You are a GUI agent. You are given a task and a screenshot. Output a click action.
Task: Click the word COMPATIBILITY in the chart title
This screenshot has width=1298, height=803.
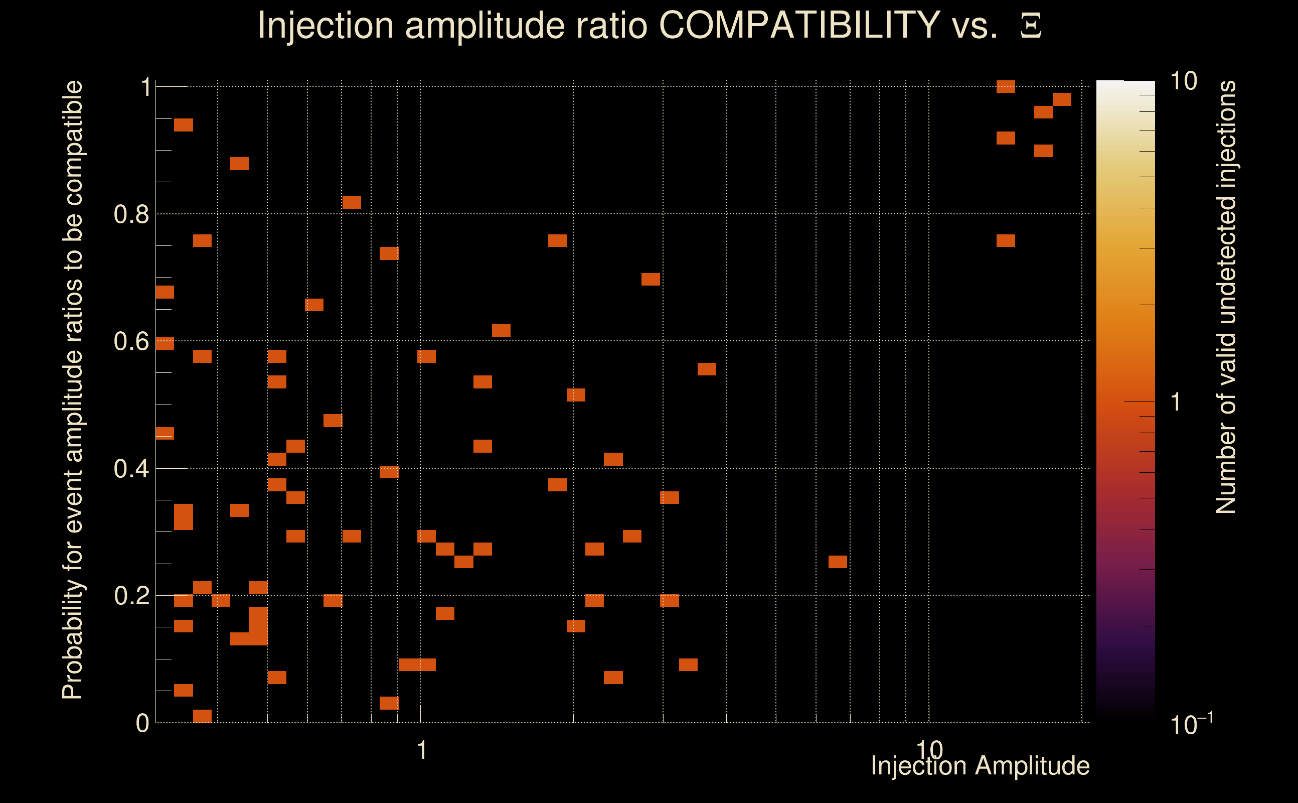point(799,25)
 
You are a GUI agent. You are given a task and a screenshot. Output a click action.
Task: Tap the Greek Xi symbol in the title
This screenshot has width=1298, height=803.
point(1031,26)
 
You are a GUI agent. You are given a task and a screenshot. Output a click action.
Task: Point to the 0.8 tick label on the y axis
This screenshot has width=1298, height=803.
point(131,215)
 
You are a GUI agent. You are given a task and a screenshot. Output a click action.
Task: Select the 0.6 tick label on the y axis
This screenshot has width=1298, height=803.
point(131,341)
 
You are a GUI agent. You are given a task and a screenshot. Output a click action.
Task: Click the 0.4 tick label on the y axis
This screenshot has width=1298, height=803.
point(131,469)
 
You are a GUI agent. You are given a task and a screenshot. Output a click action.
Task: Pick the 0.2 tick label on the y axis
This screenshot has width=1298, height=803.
point(131,596)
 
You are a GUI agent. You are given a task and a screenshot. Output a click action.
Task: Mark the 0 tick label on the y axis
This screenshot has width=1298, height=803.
point(142,723)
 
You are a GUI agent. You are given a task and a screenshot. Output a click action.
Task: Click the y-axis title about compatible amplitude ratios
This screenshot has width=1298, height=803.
point(73,390)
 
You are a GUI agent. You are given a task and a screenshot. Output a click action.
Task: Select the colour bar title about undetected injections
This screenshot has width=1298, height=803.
point(1226,298)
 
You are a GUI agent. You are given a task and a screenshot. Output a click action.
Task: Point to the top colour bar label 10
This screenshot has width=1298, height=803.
point(1183,81)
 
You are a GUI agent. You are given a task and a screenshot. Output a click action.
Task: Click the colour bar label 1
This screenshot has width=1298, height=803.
point(1176,402)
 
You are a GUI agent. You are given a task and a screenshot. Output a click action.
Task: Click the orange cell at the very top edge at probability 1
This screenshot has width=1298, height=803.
point(1006,86)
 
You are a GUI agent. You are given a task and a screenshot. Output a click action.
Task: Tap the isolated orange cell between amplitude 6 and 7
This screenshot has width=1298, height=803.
point(838,562)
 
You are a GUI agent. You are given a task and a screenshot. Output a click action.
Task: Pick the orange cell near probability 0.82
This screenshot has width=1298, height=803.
point(352,202)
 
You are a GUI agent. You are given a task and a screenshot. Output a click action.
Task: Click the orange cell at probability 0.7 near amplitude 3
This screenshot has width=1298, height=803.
point(651,280)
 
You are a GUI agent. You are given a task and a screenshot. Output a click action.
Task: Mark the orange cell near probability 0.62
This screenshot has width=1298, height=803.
point(501,331)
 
